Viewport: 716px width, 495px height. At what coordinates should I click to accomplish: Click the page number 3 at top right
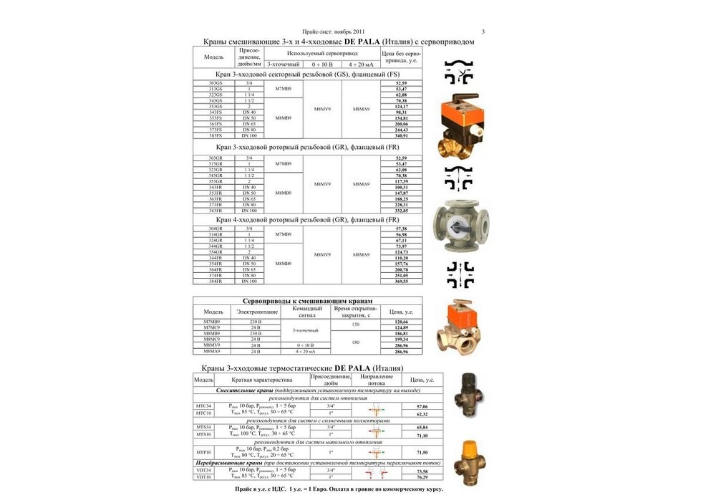tap(483, 32)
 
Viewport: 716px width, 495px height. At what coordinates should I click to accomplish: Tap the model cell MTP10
tap(203, 453)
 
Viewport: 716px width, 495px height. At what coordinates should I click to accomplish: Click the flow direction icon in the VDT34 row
tap(376, 471)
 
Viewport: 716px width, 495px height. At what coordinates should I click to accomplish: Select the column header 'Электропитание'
tap(256, 312)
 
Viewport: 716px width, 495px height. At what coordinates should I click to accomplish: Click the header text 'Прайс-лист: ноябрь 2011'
tap(334, 32)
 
